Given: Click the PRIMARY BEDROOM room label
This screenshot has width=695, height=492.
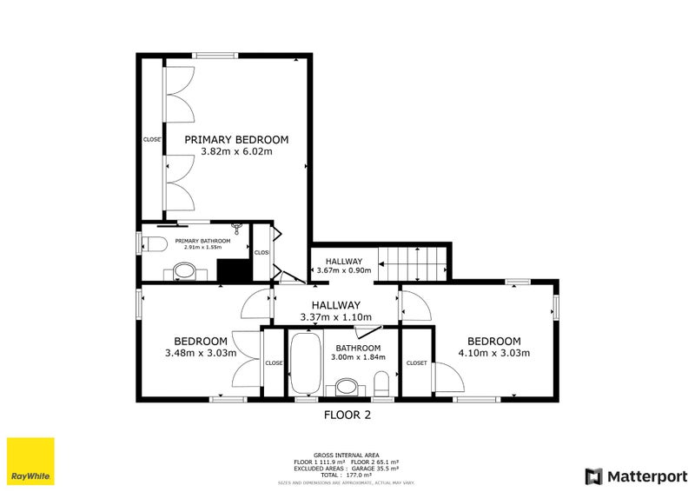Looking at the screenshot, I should [x=236, y=139].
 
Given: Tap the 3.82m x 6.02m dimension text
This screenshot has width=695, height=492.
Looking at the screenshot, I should [x=236, y=151].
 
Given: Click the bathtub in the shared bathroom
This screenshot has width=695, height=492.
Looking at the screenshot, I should [x=305, y=364].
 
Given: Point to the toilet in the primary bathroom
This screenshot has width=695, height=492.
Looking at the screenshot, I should [x=155, y=243].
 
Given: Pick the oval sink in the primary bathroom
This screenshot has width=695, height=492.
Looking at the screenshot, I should [x=185, y=272].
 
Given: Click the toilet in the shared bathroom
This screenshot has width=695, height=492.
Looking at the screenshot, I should [x=381, y=382].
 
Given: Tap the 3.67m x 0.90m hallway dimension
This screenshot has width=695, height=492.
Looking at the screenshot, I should [x=344, y=271].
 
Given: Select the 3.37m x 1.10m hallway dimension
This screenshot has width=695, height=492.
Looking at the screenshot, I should [x=335, y=317].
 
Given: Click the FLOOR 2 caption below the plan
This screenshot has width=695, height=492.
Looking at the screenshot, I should [x=347, y=416].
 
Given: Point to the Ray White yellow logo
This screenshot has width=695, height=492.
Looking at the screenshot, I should [x=30, y=462].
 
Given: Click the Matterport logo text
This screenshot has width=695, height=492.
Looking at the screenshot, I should [x=642, y=475].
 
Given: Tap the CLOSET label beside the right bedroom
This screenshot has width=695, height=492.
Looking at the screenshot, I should [x=416, y=362].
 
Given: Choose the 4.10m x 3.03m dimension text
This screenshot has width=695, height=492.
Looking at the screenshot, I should [x=493, y=353].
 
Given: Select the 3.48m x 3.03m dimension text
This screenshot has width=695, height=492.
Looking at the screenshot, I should [x=201, y=353].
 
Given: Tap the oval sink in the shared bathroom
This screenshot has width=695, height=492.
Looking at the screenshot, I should [x=347, y=386].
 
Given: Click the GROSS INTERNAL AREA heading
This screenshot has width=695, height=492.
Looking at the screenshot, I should [x=347, y=454].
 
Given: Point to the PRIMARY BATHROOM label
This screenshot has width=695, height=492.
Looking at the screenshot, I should [x=202, y=241].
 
